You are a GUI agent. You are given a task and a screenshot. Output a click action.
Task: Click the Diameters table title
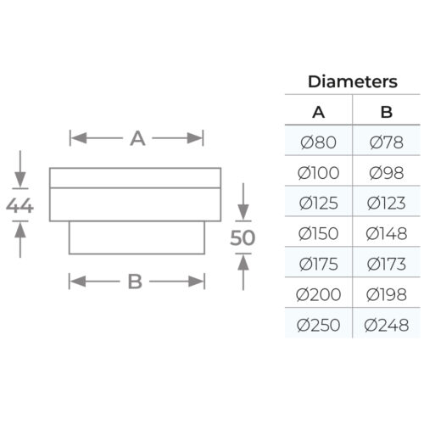[x=353, y=81]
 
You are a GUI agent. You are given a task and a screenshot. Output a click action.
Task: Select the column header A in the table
[x=319, y=112]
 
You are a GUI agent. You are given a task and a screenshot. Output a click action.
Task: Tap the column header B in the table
[x=387, y=112]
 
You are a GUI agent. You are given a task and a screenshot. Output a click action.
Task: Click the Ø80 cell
[x=319, y=142]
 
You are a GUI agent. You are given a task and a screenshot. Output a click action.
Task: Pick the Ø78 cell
[x=387, y=142]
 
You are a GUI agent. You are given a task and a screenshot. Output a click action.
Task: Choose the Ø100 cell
[x=319, y=173]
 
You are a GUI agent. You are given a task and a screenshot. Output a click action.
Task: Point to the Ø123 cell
[x=387, y=204]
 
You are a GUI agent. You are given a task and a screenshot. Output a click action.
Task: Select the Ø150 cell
[x=319, y=234]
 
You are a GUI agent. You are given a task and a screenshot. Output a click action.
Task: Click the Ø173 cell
[x=387, y=265]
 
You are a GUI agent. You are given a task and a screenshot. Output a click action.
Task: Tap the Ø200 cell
[x=319, y=295]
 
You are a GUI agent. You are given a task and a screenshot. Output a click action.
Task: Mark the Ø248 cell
[x=387, y=326]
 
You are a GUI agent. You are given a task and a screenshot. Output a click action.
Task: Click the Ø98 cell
[x=387, y=173]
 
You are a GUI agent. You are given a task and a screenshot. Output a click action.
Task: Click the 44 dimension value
[x=20, y=205]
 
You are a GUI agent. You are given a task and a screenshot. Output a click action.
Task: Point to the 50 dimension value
[x=243, y=237]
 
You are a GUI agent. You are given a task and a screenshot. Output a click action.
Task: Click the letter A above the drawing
[x=137, y=138]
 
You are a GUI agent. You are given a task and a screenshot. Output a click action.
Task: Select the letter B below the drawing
[x=135, y=282]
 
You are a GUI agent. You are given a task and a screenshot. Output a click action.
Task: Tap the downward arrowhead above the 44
[x=20, y=179]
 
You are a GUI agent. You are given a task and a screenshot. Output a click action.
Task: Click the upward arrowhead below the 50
[x=243, y=262]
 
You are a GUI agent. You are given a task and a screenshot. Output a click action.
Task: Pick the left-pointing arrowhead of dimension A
[x=79, y=138]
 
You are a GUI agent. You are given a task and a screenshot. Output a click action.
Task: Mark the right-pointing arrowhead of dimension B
[x=196, y=282]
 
